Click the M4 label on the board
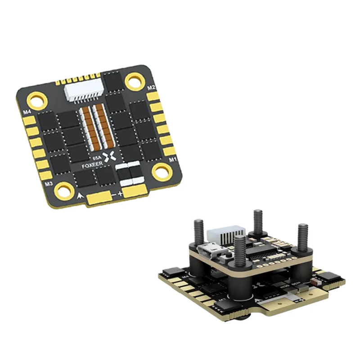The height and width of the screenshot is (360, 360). coord(27,111)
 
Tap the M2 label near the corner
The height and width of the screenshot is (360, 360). coord(151,87)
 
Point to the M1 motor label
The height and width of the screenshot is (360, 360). coord(172,160)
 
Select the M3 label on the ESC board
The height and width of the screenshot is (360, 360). coord(48,184)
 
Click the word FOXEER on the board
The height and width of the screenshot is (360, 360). coord(91,166)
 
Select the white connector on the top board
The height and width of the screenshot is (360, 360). coord(79,92)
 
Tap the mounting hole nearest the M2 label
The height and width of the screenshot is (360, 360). coord(134,81)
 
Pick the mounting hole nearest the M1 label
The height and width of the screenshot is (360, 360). coord(162,171)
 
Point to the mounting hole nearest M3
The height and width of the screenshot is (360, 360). coord(64,191)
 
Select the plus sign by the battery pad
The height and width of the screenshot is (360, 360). coord(120,193)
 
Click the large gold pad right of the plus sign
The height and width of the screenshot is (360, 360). coord(135,192)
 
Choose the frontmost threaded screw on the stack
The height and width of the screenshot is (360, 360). coord(240,252)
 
